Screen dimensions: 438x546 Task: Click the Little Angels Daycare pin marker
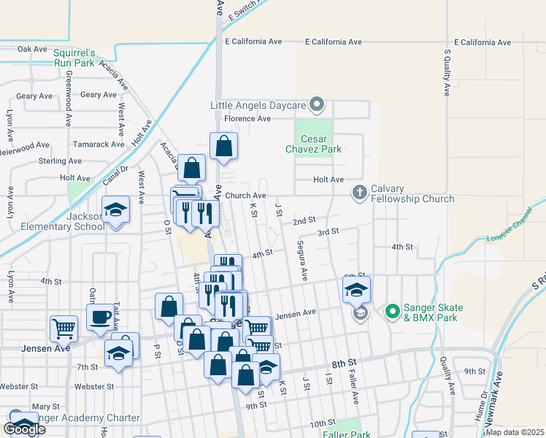[x=317, y=105]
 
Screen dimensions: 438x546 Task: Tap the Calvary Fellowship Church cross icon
[x=359, y=193]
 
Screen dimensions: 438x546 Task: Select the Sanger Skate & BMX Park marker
[x=392, y=312]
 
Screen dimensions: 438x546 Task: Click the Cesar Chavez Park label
[x=314, y=144]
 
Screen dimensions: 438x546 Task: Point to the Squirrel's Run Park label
[x=74, y=58]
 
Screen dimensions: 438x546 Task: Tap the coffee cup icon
[x=100, y=318]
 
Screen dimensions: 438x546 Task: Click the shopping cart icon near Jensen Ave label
[x=64, y=328]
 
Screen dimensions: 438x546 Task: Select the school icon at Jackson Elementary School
[x=116, y=210]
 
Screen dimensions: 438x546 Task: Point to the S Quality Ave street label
[x=447, y=72]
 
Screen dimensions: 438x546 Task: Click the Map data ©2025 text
[x=515, y=432]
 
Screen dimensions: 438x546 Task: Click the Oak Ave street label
[x=33, y=49]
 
